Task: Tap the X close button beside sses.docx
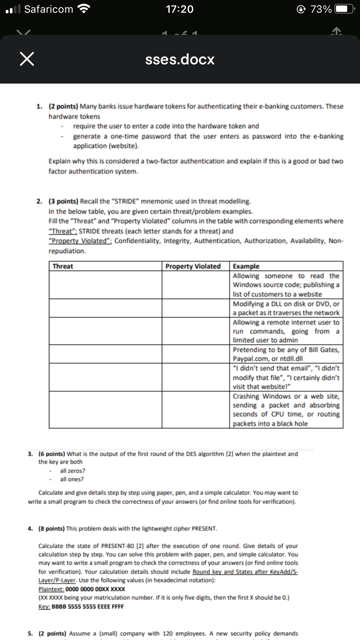(27, 59)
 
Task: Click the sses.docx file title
(180, 59)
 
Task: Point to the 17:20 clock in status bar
(180, 9)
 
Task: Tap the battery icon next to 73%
(344, 9)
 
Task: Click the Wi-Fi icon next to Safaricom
(84, 9)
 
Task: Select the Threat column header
(63, 266)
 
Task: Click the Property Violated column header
(193, 266)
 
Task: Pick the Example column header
(246, 266)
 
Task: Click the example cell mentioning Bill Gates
(286, 354)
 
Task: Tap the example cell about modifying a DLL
(286, 308)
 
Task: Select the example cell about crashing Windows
(286, 410)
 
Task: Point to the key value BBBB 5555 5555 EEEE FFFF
(88, 606)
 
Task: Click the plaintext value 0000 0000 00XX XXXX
(95, 589)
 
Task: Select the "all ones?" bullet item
(72, 479)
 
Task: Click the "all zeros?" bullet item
(72, 470)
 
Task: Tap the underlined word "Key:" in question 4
(44, 606)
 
